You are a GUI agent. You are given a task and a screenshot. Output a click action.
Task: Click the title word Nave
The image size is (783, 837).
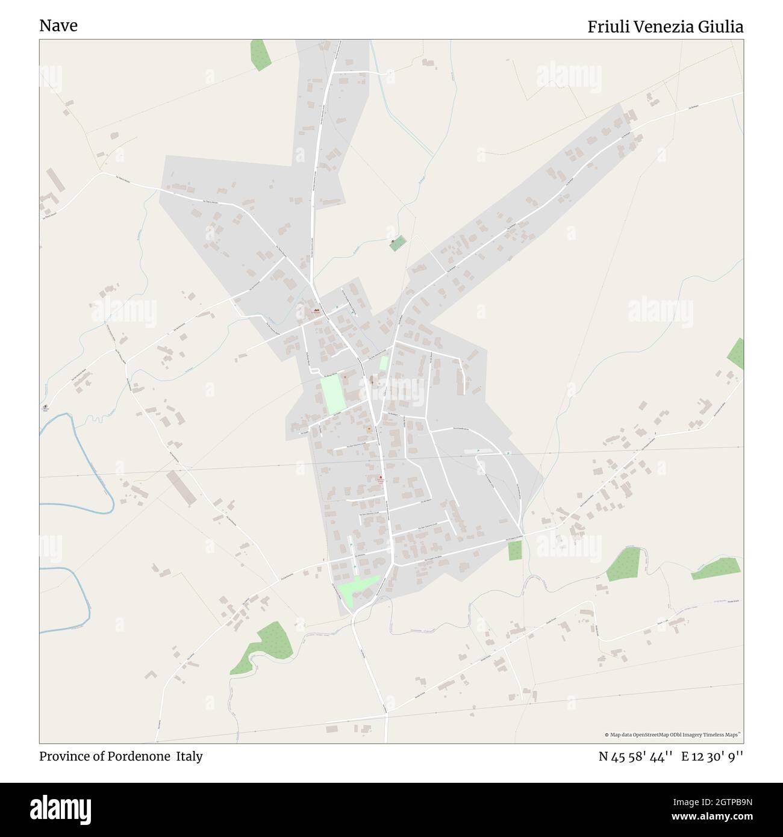coord(58,26)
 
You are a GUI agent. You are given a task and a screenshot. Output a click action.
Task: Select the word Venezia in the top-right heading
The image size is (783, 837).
coord(667,26)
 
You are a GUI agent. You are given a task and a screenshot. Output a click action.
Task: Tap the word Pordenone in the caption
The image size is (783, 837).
coord(140,756)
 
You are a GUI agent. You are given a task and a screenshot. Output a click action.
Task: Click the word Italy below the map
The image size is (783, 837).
coord(190,756)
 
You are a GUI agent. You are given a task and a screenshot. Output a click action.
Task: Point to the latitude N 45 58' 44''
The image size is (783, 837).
coord(636,756)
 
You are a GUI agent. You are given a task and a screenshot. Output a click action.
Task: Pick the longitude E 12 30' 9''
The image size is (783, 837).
coord(713,756)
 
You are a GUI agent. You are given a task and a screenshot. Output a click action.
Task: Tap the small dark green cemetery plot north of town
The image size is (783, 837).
coord(397,243)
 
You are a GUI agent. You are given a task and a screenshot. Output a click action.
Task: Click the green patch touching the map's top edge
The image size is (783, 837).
coord(261,54)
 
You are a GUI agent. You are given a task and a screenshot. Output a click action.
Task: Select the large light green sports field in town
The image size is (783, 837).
coord(332,394)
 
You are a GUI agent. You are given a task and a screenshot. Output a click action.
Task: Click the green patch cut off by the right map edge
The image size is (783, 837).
coord(736,353)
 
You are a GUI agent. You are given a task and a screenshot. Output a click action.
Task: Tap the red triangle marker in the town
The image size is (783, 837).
coord(380,478)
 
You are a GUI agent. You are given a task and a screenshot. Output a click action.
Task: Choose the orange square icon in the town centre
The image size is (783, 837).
coord(369,429)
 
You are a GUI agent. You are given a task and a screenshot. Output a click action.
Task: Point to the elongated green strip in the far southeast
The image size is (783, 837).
coord(716,568)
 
